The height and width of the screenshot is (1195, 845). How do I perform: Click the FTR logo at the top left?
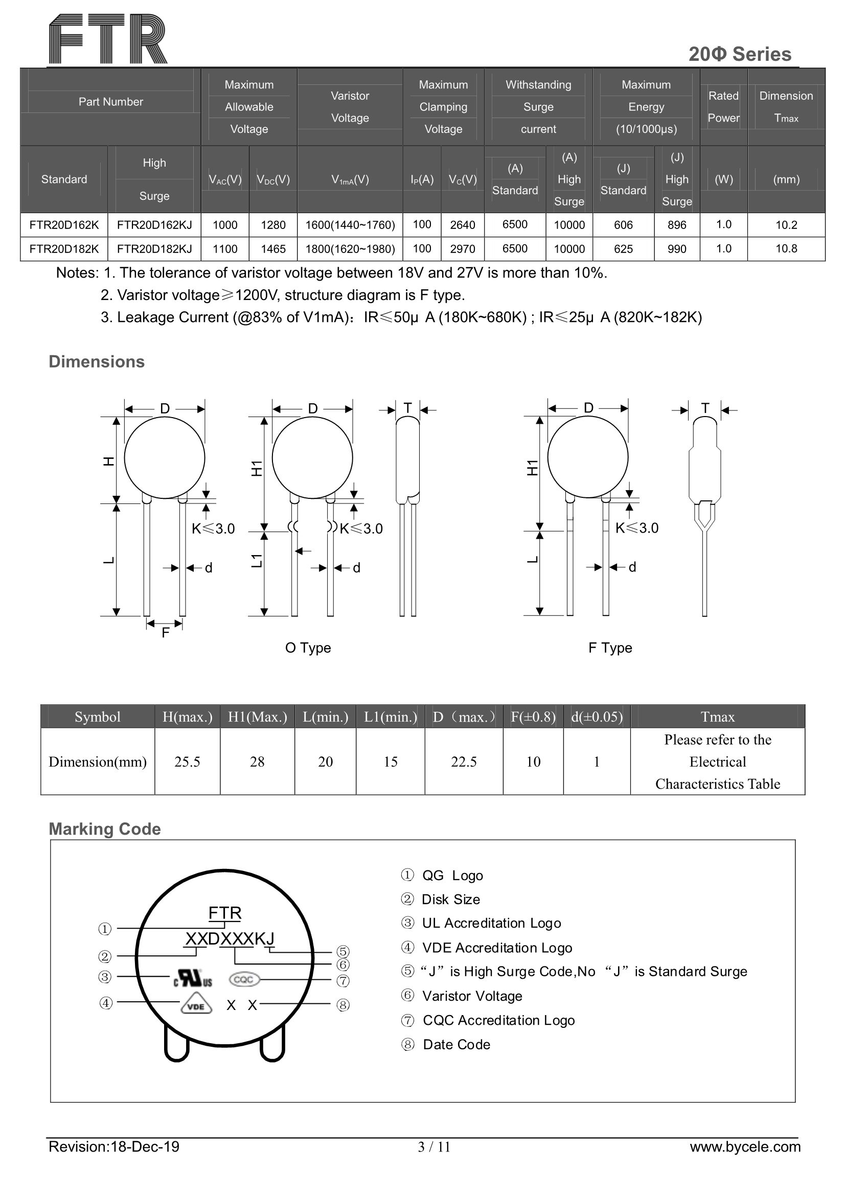click(108, 39)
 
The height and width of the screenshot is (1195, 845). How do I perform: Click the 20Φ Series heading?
click(739, 54)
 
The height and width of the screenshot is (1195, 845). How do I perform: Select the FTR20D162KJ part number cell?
click(154, 225)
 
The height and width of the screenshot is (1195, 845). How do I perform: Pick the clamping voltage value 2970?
click(462, 249)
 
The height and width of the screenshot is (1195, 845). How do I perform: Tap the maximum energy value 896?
click(676, 225)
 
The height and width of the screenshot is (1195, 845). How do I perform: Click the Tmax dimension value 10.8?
click(786, 249)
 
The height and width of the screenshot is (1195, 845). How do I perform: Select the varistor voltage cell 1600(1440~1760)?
click(350, 225)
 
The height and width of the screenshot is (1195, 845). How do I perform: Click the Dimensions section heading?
click(96, 362)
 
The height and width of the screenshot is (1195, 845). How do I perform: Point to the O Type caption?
click(308, 648)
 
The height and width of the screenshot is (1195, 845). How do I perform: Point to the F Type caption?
click(610, 648)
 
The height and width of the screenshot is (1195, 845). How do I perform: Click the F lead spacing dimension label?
click(166, 632)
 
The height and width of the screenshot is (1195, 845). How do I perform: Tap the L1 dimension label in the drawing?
click(257, 561)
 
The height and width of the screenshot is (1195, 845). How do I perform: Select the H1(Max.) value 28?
click(257, 762)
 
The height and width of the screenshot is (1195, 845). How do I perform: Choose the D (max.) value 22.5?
click(463, 762)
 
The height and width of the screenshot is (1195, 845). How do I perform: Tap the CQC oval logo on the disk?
click(244, 979)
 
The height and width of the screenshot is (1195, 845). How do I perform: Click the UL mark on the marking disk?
click(193, 978)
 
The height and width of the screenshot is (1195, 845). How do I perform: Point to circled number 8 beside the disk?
click(342, 1005)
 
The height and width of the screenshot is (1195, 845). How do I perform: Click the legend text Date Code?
click(456, 1045)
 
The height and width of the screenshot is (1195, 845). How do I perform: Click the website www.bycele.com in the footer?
click(744, 1146)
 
